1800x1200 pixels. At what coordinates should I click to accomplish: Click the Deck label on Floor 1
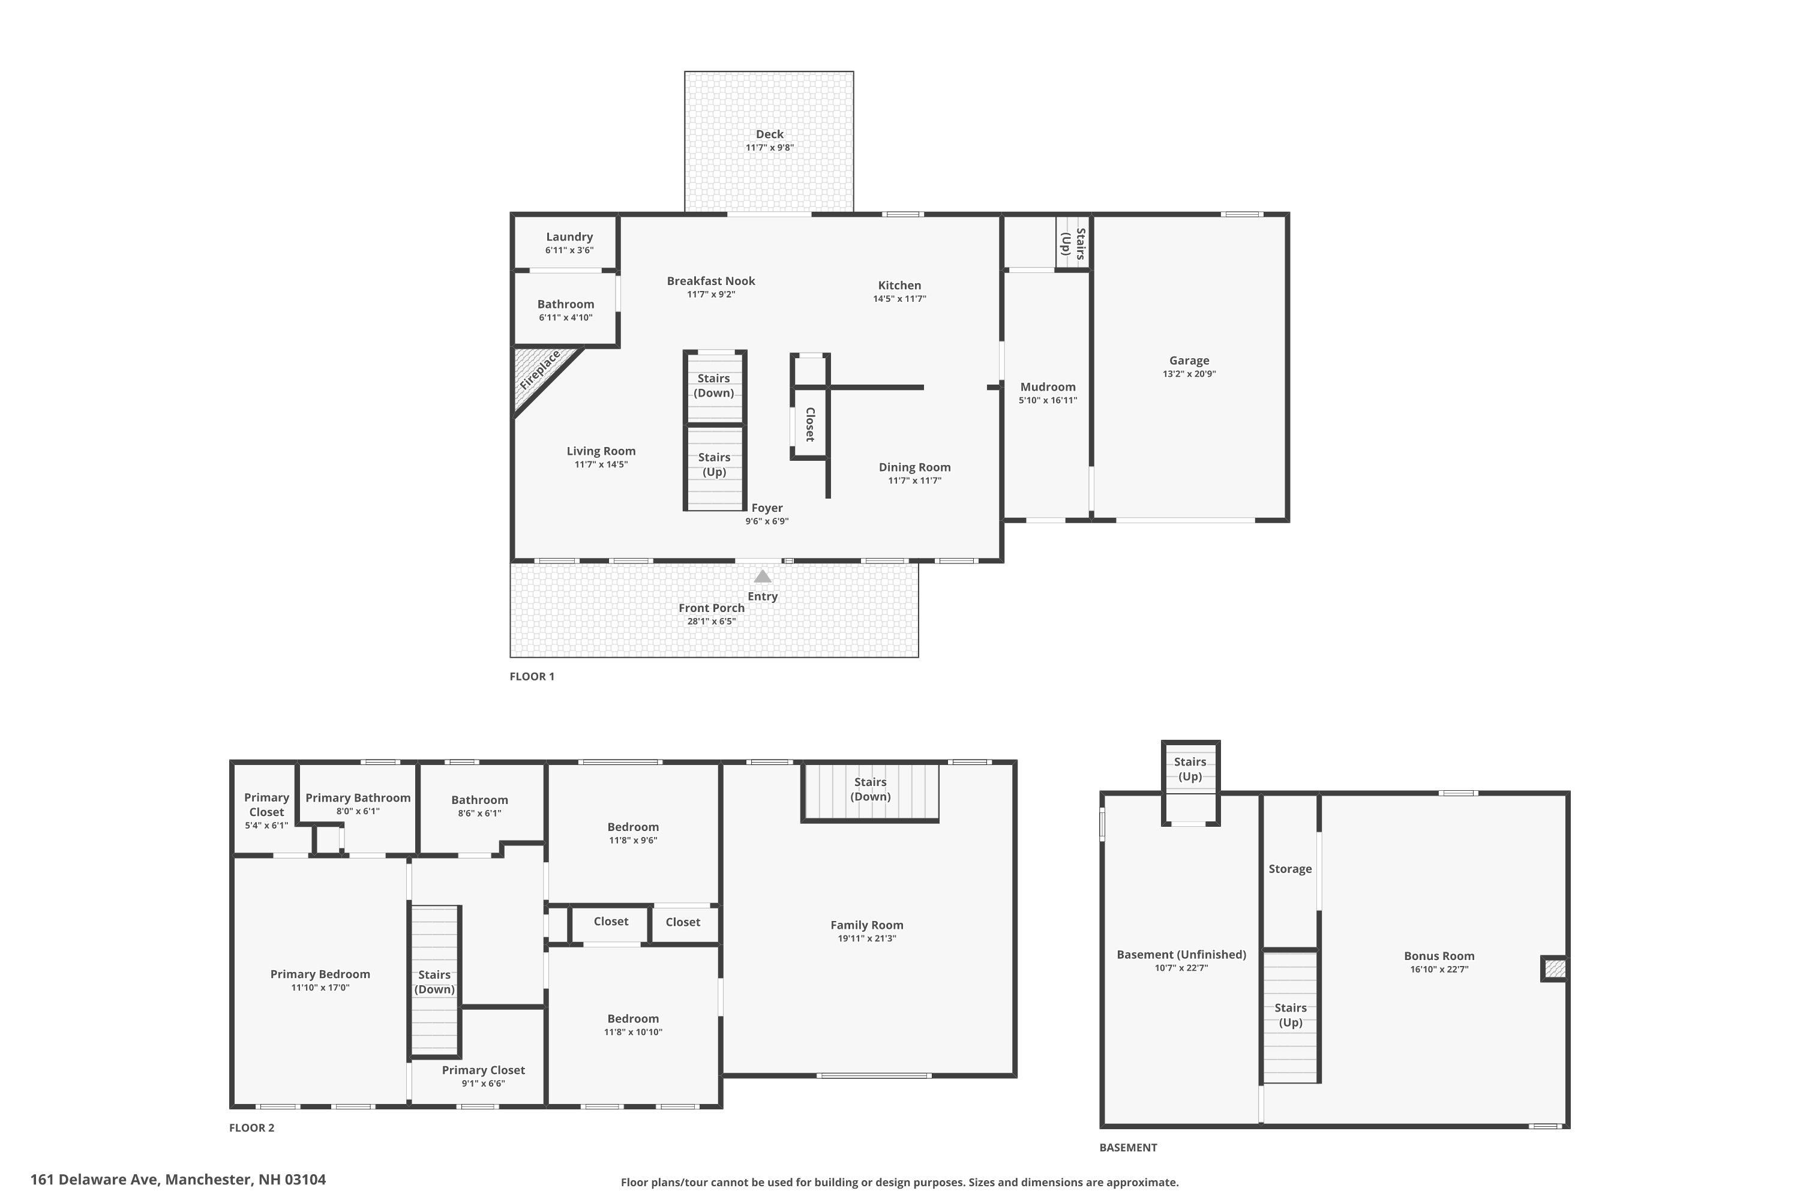point(769,134)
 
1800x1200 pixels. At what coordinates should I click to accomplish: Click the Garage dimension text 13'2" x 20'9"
point(1189,374)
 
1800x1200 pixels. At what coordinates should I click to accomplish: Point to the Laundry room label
point(569,237)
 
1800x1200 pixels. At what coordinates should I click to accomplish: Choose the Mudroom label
point(1048,386)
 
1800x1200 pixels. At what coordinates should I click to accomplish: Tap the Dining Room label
point(914,467)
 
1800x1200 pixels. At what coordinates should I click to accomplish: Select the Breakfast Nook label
point(711,281)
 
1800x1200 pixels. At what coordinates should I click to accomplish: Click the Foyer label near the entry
point(767,508)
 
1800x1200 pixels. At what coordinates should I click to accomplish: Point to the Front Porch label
point(711,608)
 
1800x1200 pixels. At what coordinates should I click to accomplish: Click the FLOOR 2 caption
point(252,1127)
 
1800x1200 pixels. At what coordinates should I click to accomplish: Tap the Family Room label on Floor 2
point(866,925)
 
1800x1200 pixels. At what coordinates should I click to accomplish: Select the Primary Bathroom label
point(358,798)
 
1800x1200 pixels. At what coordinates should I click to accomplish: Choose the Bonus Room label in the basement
point(1439,956)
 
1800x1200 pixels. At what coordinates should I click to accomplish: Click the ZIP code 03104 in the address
point(305,1180)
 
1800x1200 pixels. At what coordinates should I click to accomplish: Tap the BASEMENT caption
point(1128,1147)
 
